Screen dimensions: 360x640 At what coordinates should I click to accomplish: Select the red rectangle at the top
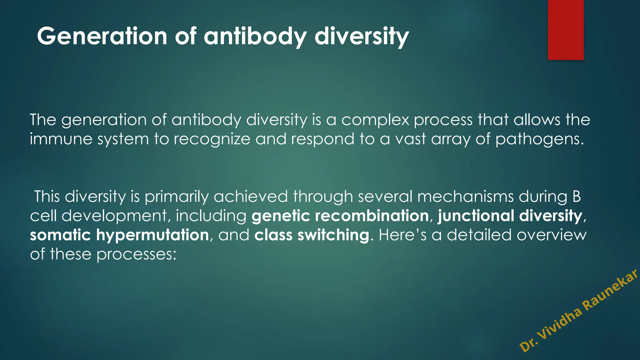coord(566,30)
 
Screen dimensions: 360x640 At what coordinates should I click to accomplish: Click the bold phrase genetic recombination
coord(340,216)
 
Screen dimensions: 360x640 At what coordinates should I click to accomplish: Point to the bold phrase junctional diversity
coord(510,216)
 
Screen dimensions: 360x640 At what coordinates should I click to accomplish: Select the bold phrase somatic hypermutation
coord(119,235)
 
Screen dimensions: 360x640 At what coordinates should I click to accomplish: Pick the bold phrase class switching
coord(312,235)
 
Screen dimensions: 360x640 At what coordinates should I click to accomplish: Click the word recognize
coord(212,139)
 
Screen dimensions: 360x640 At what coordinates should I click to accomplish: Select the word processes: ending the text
coord(136,254)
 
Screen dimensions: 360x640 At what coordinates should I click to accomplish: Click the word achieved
coord(251,197)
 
